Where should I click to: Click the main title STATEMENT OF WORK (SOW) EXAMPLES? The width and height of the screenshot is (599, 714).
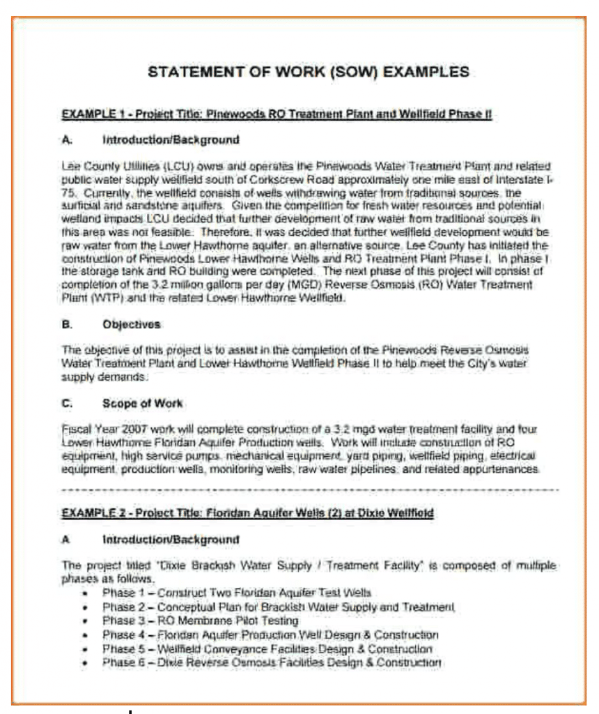click(x=309, y=72)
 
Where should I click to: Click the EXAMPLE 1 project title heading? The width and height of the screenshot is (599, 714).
click(x=277, y=114)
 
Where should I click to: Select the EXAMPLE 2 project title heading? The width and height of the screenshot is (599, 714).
click(x=247, y=513)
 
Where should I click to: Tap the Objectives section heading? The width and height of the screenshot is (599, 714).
click(x=131, y=324)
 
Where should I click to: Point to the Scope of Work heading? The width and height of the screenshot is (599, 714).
click(x=143, y=403)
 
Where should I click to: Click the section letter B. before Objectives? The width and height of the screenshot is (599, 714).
click(x=67, y=324)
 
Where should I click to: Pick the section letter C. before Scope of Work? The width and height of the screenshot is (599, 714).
click(x=67, y=403)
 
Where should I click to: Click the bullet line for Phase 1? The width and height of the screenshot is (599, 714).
click(x=236, y=593)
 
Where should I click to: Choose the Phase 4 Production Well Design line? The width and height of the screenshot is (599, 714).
click(x=270, y=635)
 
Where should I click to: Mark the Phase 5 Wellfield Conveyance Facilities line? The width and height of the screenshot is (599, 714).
click(x=267, y=648)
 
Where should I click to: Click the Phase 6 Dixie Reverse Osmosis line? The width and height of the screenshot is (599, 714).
click(x=272, y=662)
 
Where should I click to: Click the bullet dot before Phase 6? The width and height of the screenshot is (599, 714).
click(x=85, y=663)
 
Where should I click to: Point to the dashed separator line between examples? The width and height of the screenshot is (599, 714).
click(x=310, y=489)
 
